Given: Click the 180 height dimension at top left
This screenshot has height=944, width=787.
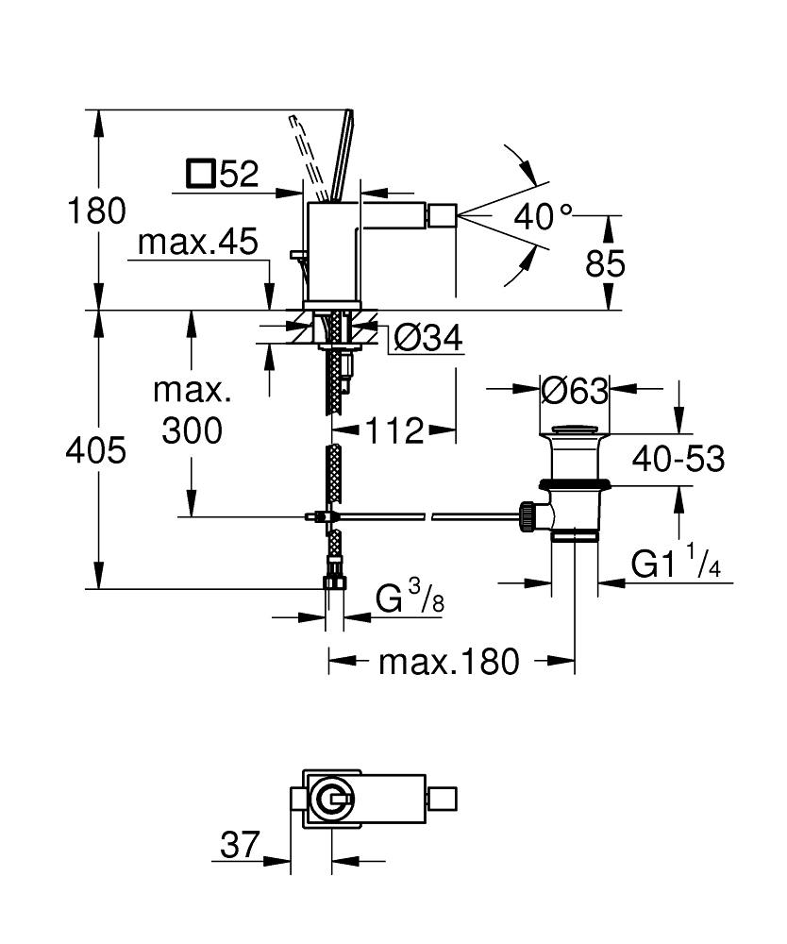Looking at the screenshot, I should (94, 211).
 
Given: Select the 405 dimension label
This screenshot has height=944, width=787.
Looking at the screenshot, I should (94, 452).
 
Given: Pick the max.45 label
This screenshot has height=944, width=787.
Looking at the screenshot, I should (196, 244).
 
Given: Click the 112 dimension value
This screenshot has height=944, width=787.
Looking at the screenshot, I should (394, 430).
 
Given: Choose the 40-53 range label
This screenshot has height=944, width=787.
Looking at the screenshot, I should (678, 459).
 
